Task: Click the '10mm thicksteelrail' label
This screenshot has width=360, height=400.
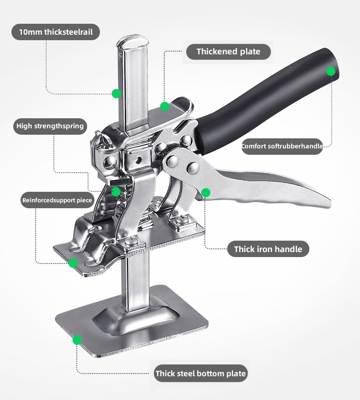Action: [x=55, y=32]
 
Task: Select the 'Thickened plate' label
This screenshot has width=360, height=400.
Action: [x=228, y=52]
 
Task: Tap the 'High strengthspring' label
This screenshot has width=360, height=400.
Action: [x=50, y=126]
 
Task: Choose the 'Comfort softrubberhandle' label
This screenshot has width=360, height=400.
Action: [x=282, y=147]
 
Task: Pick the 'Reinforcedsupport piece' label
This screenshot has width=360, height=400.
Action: [x=57, y=200]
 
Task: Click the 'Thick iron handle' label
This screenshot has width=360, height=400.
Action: [x=268, y=249]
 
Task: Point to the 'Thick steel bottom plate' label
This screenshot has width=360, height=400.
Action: [x=200, y=374]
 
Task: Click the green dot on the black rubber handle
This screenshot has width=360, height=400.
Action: [x=331, y=71]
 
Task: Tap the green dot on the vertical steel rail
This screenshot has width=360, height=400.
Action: [x=116, y=94]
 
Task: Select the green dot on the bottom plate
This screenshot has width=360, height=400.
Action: [x=77, y=340]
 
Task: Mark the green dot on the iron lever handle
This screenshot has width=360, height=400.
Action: [x=206, y=193]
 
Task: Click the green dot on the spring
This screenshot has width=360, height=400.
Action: [x=116, y=191]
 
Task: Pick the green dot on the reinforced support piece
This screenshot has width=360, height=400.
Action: [x=73, y=263]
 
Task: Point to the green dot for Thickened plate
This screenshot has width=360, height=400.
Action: [x=165, y=106]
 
